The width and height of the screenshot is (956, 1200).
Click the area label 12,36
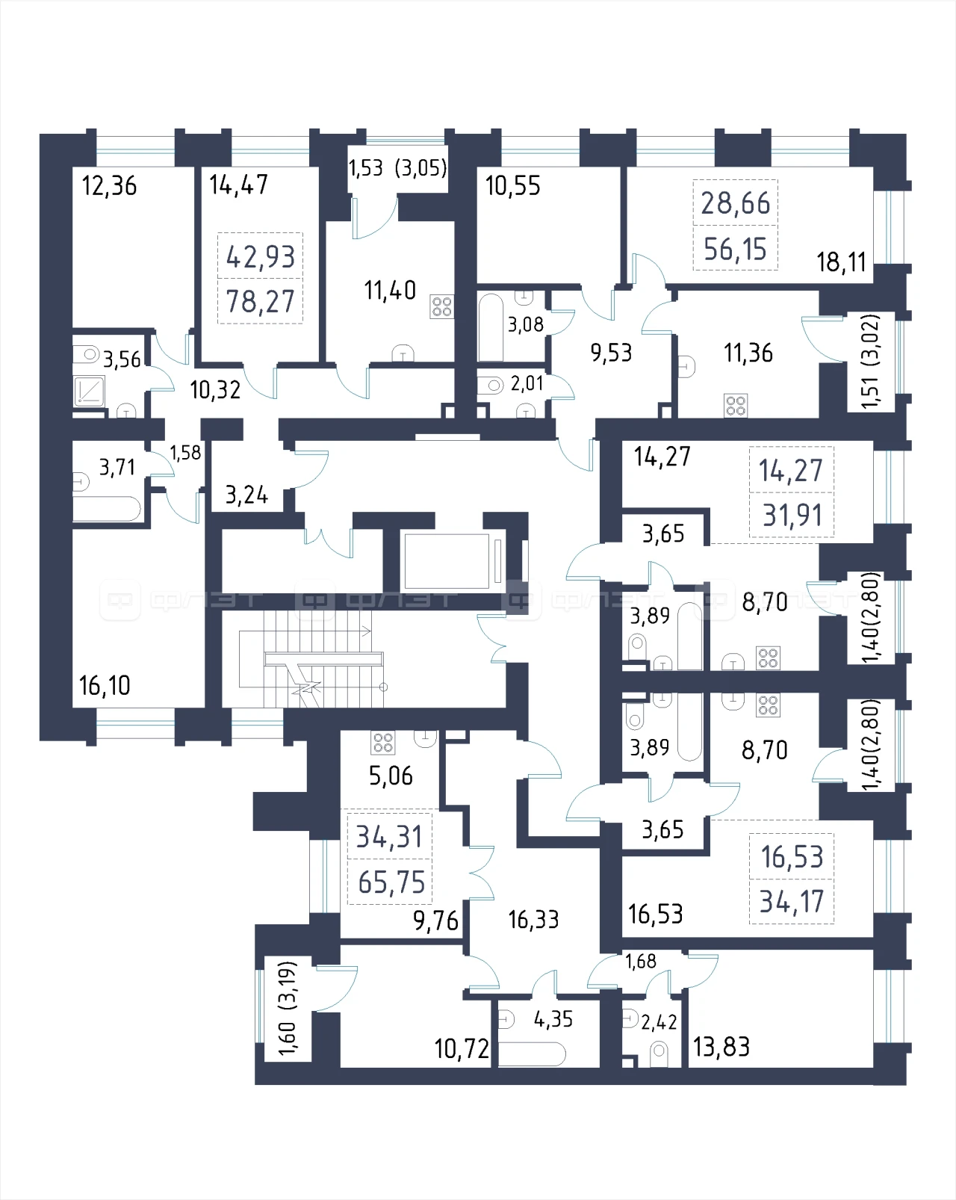[109, 186]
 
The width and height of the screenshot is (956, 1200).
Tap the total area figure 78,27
[261, 302]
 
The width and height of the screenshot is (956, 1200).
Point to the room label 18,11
[841, 262]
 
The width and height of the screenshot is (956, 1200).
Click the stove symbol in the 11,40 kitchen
[441, 306]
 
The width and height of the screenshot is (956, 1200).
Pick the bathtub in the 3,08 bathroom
[491, 327]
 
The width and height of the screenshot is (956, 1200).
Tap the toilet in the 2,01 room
[490, 385]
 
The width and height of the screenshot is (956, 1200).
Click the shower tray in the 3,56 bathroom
[89, 390]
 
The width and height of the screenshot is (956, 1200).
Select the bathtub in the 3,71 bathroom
[107, 509]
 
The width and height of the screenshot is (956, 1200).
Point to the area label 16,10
[105, 685]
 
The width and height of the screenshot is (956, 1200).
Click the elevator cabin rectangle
[447, 561]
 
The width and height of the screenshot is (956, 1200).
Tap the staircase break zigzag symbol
[305, 683]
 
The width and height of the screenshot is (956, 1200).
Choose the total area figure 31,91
[792, 516]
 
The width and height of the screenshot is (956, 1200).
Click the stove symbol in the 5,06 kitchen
[383, 742]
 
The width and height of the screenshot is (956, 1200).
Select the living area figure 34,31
[389, 837]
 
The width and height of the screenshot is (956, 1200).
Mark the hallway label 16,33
[533, 920]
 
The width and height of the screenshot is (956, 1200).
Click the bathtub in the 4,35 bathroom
[532, 1054]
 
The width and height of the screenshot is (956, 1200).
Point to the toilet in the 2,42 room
[659, 1051]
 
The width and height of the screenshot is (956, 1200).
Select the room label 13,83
[721, 1047]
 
